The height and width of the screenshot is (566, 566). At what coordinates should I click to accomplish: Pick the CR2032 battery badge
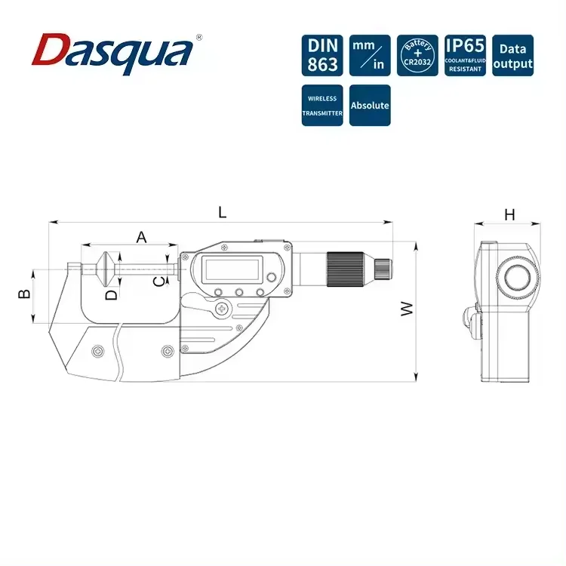click(417, 55)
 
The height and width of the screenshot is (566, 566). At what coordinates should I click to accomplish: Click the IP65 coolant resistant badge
click(464, 55)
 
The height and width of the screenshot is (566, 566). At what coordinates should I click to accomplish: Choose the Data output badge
click(512, 55)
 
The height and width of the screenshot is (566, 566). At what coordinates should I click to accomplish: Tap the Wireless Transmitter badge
click(322, 106)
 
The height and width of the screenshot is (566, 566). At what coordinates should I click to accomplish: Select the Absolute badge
click(370, 106)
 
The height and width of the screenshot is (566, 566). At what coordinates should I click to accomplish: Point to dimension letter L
click(222, 213)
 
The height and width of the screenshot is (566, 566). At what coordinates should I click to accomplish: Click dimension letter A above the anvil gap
click(141, 236)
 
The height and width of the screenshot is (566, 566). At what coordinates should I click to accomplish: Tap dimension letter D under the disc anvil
click(112, 294)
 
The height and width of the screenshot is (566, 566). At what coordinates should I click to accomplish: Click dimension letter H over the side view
click(509, 214)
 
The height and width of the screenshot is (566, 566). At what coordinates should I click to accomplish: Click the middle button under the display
click(238, 293)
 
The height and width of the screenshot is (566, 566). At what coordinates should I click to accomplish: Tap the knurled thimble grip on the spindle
click(350, 268)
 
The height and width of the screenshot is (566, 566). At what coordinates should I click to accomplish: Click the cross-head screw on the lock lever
click(222, 309)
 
